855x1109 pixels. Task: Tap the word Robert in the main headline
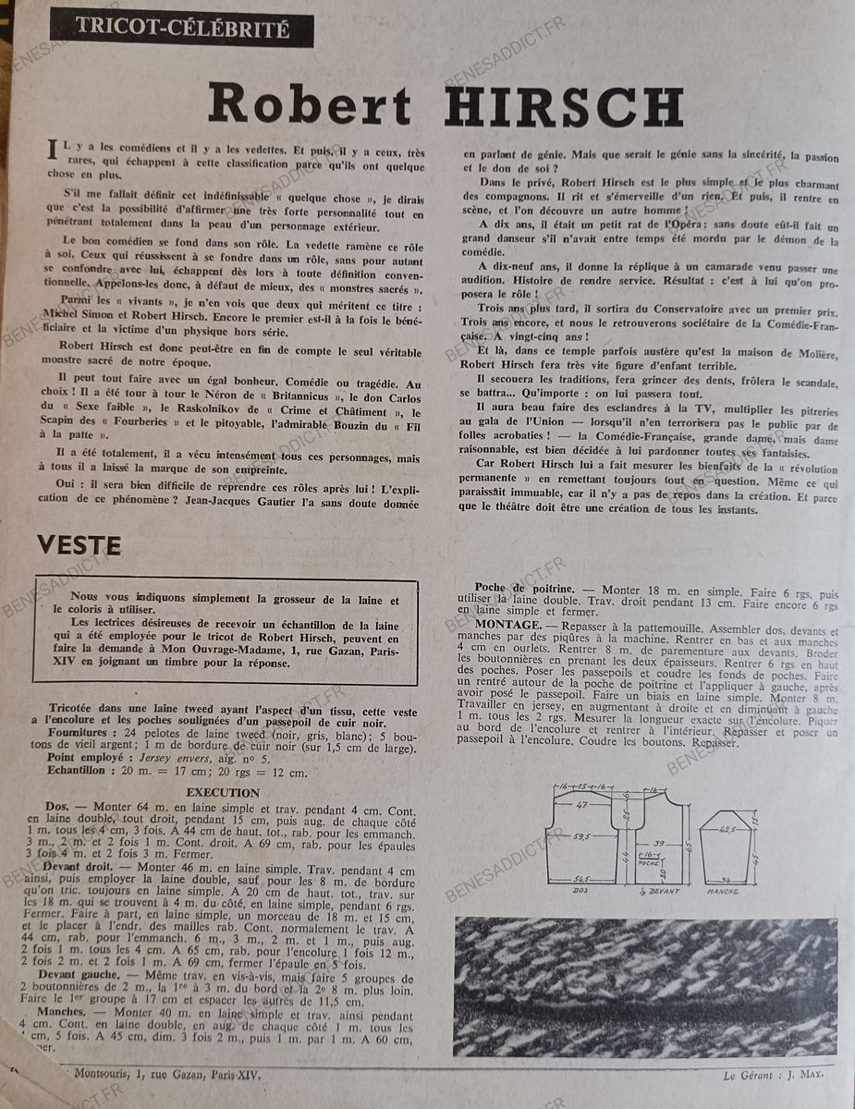coord(310,105)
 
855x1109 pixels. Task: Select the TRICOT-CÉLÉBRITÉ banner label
coord(182,29)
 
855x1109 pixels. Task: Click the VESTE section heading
coord(79,546)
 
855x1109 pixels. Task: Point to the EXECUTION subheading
coord(223,792)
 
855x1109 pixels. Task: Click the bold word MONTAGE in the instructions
coord(507,625)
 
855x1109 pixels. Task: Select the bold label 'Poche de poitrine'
coord(524,588)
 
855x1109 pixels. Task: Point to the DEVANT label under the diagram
coord(661,891)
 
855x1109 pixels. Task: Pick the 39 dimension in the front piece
coord(657,844)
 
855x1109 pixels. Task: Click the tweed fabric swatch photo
coord(645,986)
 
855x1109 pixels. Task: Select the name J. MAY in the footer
coord(804,1074)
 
